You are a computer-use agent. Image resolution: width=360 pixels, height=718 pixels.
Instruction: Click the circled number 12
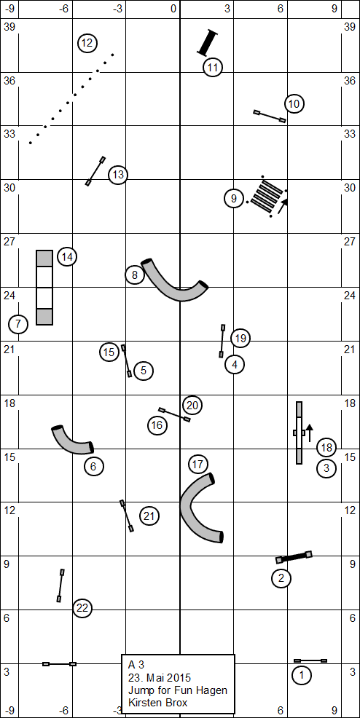click(87, 44)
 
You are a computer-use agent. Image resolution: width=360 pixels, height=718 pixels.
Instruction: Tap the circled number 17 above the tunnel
click(198, 465)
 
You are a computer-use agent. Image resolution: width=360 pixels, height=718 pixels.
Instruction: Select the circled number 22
click(82, 608)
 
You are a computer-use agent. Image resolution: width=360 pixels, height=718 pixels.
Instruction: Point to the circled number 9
click(234, 199)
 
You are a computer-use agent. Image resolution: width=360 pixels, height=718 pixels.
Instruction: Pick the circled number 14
click(67, 257)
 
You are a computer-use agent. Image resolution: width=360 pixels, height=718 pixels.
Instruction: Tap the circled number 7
click(18, 324)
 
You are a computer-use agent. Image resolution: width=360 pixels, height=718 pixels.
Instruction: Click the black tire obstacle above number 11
click(208, 42)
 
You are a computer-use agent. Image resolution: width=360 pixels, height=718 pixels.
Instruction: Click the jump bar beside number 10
click(270, 116)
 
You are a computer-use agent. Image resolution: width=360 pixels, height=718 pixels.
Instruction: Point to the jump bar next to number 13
click(95, 171)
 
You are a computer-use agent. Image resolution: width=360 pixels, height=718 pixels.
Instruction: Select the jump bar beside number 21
click(127, 516)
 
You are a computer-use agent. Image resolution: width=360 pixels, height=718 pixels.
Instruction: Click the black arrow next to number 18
click(310, 433)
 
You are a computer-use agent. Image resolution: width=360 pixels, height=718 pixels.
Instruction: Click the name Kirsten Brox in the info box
click(157, 703)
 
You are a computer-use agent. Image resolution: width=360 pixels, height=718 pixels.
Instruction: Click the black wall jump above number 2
click(294, 557)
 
